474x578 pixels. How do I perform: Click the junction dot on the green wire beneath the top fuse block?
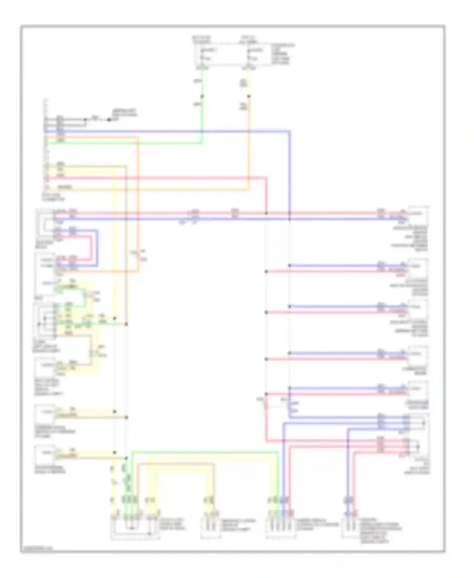point(202,96)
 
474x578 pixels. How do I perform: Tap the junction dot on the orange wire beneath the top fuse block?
point(249,96)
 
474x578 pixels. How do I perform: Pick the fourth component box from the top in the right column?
point(418,355)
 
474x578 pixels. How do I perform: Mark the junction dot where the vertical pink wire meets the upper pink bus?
point(266,213)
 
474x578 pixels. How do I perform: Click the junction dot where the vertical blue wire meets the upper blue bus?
point(289,219)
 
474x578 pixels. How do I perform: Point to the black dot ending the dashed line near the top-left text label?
point(109,120)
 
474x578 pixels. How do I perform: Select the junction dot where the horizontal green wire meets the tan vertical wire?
point(126,324)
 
